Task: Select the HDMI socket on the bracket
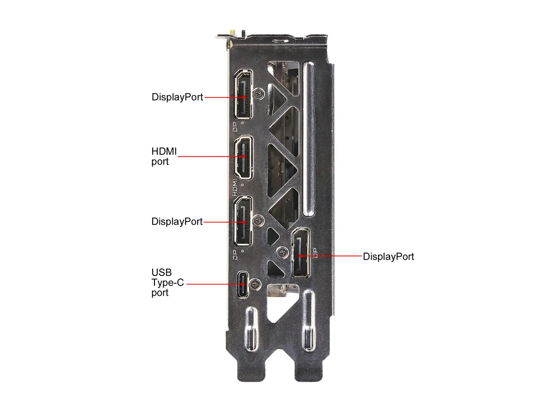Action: tap(243, 157)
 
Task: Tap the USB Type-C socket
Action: tap(243, 284)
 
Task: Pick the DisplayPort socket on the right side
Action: tap(301, 253)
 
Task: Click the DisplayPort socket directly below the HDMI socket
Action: tap(243, 221)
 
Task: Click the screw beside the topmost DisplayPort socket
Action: tap(258, 94)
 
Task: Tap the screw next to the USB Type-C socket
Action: tap(255, 284)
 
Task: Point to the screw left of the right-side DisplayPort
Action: tap(282, 253)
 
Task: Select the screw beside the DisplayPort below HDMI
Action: tap(258, 221)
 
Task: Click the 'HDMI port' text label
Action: tap(164, 157)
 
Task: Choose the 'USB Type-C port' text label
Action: tap(168, 282)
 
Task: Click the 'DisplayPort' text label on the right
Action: tap(388, 256)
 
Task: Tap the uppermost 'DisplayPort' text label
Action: tap(177, 97)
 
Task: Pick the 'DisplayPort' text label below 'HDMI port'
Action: tap(177, 222)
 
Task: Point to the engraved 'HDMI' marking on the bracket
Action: tap(235, 188)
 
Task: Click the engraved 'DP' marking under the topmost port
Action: tap(235, 127)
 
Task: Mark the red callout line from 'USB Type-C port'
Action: tap(215, 284)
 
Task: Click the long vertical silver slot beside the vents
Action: tap(309, 139)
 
